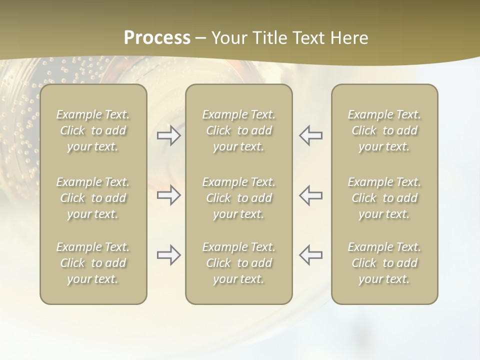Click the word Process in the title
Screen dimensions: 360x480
click(x=157, y=38)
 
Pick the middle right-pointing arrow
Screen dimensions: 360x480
click(x=168, y=195)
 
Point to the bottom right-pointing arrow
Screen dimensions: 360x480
click(x=168, y=255)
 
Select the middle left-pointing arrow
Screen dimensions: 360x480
click(x=310, y=195)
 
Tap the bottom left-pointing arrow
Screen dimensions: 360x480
click(x=310, y=255)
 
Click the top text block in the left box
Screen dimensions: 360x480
click(x=93, y=130)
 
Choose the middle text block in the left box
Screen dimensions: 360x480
click(x=93, y=198)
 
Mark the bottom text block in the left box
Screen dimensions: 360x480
click(x=93, y=263)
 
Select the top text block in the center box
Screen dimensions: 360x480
click(x=239, y=130)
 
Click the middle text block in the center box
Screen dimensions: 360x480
click(x=239, y=198)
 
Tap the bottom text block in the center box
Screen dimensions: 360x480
click(x=239, y=263)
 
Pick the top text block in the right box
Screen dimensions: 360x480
click(x=384, y=130)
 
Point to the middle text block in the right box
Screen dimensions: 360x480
click(x=384, y=198)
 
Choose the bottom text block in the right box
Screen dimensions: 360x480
click(x=384, y=263)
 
